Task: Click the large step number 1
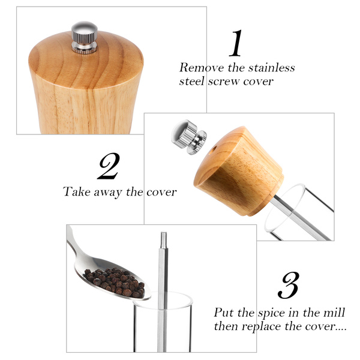[x=236, y=43]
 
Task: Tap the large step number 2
[x=109, y=166]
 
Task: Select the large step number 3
[x=289, y=285]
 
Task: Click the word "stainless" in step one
[x=272, y=68]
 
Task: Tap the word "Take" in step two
[x=77, y=191]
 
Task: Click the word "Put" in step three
[x=223, y=313]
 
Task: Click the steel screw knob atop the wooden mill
[x=84, y=37]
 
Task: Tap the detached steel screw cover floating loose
[x=189, y=137]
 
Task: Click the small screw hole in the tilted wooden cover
[x=214, y=150]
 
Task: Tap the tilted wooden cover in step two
[x=239, y=171]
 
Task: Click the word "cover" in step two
[x=161, y=193]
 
